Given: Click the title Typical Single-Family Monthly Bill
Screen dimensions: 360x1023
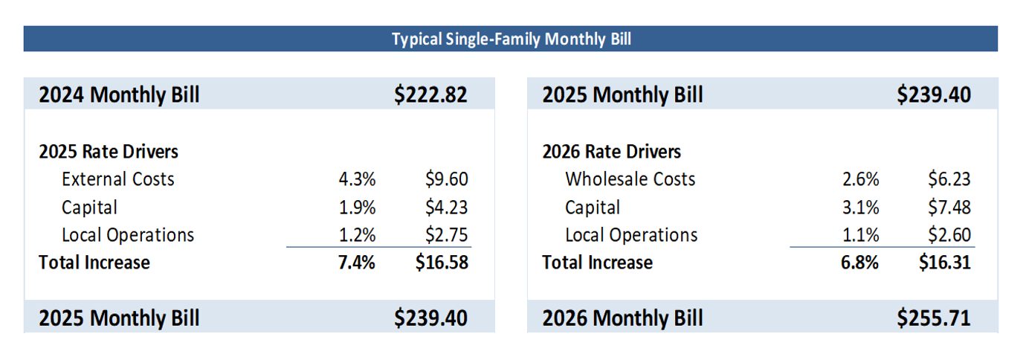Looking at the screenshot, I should [x=511, y=39].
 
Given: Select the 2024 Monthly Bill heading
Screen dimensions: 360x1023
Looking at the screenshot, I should [x=119, y=95].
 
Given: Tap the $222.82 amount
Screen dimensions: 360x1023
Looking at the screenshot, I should [x=430, y=95].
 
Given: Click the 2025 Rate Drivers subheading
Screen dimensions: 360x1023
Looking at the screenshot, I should [x=109, y=152].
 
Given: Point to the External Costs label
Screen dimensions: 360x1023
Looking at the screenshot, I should [x=118, y=179].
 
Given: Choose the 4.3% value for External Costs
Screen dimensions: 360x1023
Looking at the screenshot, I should [x=358, y=179].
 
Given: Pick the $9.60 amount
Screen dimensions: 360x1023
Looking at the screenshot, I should [x=447, y=179].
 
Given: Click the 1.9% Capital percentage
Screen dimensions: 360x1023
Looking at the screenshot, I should [x=358, y=208].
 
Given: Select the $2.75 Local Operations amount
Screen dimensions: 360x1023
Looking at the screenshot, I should [x=447, y=235].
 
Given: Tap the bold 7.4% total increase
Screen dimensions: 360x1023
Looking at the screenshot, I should [x=357, y=263].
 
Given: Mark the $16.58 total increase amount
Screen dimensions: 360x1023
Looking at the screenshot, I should [x=442, y=263].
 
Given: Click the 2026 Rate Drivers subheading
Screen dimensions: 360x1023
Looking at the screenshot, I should [x=612, y=152].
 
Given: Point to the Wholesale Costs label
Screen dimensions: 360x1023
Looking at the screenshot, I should [x=630, y=179].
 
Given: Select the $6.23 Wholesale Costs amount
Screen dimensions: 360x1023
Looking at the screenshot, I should [x=949, y=179].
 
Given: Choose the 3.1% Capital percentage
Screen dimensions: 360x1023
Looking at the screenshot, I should [x=861, y=208].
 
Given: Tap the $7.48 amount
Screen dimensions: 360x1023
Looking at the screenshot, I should [x=949, y=208].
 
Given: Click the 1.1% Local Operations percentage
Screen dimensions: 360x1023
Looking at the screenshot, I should [x=861, y=235].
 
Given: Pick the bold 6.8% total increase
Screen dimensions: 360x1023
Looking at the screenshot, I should [x=860, y=263].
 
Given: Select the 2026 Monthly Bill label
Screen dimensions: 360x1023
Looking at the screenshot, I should [x=622, y=318].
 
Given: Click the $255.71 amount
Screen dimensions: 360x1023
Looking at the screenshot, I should [x=934, y=318].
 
